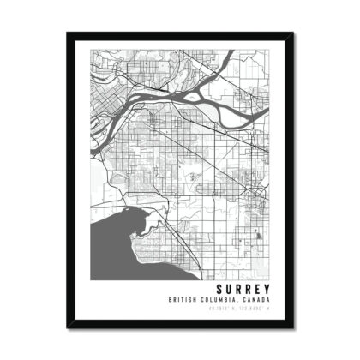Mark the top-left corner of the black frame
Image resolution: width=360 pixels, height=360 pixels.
67,33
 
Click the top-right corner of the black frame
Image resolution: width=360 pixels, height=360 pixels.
293,33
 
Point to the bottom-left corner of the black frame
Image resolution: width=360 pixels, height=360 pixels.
67,327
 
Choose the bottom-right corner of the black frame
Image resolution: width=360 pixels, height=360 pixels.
293,327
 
